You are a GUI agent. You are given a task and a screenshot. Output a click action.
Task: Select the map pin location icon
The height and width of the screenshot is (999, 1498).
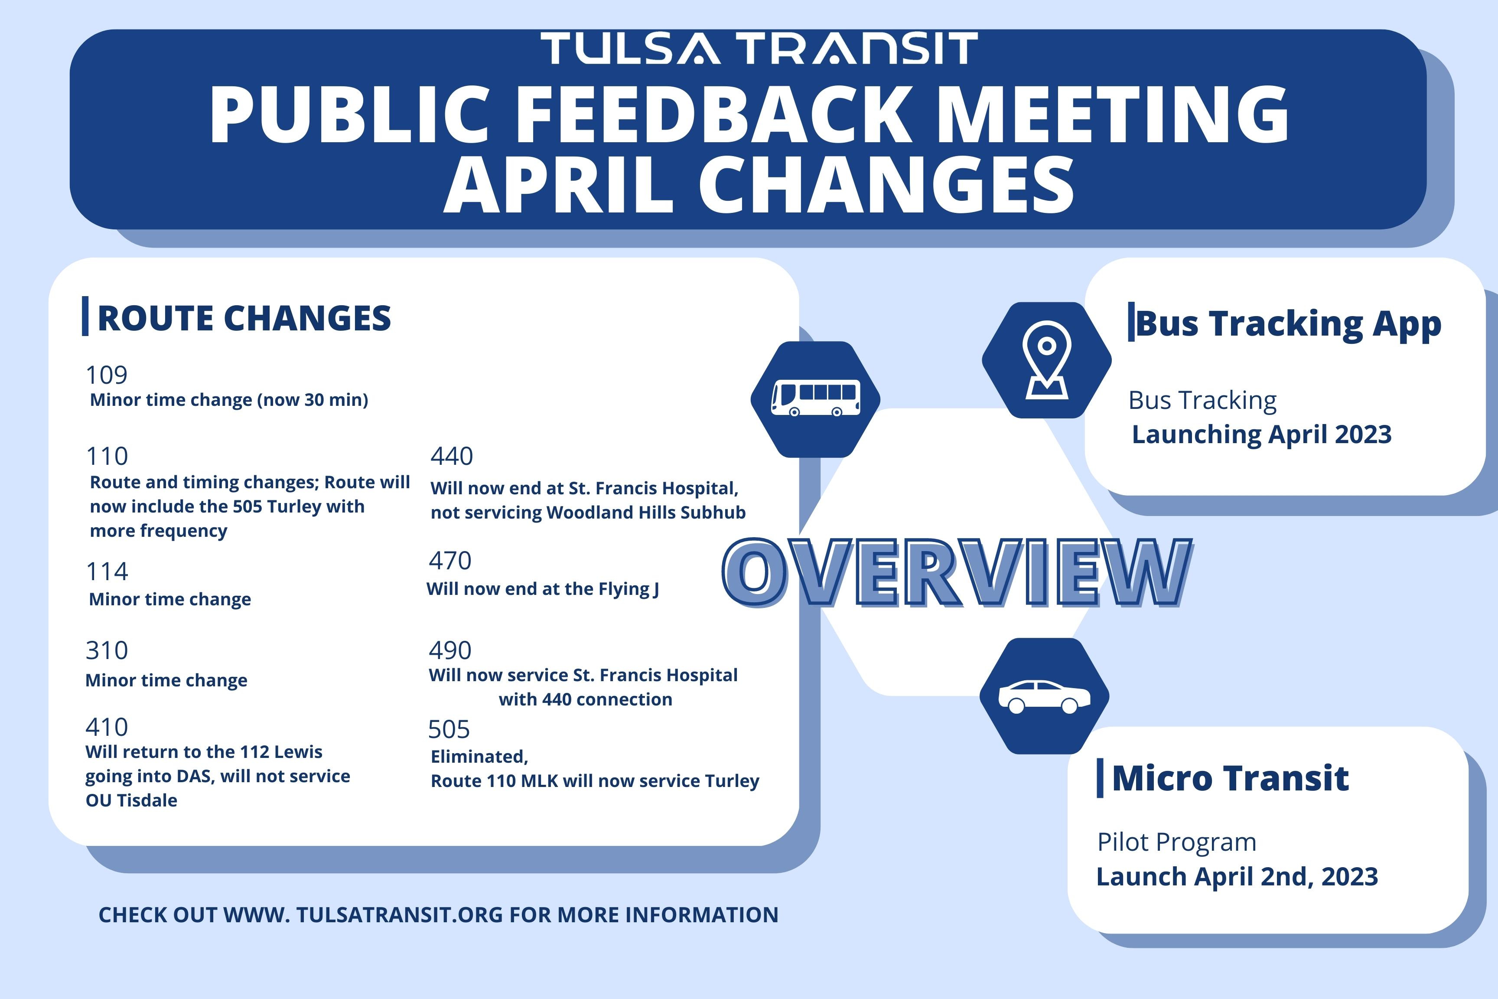[1046, 360]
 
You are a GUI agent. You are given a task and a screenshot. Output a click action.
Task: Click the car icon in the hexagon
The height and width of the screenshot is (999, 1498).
[1045, 696]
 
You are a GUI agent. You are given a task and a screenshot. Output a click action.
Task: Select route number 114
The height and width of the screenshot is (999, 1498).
[107, 571]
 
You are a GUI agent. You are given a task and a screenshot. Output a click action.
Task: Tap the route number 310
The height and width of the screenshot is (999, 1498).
[107, 650]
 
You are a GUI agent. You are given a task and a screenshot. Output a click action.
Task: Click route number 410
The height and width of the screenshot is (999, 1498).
[107, 727]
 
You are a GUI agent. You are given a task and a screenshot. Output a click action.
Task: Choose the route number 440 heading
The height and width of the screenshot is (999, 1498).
[452, 456]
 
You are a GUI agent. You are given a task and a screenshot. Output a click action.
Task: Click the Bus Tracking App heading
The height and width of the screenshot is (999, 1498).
[1288, 323]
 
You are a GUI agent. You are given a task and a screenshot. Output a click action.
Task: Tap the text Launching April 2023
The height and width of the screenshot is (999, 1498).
[1262, 434]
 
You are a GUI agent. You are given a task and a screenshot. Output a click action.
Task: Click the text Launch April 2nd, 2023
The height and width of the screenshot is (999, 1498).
[1237, 877]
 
